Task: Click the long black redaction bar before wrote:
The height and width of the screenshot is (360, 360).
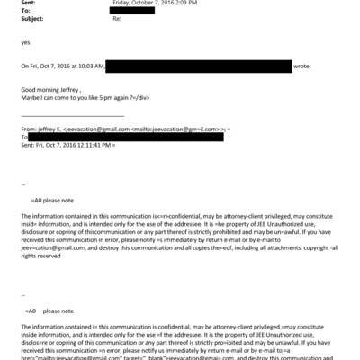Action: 199,66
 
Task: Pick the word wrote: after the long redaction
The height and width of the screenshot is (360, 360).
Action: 302,66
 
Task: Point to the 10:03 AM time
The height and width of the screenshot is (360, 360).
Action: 89,66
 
